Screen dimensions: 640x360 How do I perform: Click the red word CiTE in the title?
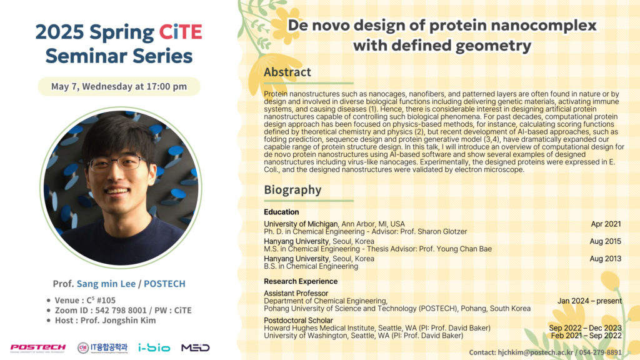181,32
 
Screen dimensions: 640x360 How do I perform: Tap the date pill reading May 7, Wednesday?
119,86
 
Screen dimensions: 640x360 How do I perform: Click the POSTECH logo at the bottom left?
37,347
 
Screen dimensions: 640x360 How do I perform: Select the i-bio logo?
154,347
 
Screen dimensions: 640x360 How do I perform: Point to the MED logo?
195,347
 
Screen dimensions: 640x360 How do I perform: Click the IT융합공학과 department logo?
102,347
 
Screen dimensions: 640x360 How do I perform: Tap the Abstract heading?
287,72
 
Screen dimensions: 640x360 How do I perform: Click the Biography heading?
292,190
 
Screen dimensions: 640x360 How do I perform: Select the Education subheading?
281,212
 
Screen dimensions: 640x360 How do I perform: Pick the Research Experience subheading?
301,281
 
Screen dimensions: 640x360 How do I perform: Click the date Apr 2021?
606,224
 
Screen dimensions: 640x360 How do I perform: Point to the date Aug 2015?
605,241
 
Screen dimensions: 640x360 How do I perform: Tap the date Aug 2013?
605,258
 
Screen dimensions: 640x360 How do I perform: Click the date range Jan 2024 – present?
590,301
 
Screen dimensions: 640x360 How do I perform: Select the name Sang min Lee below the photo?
106,284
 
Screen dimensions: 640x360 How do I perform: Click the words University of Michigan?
301,224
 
